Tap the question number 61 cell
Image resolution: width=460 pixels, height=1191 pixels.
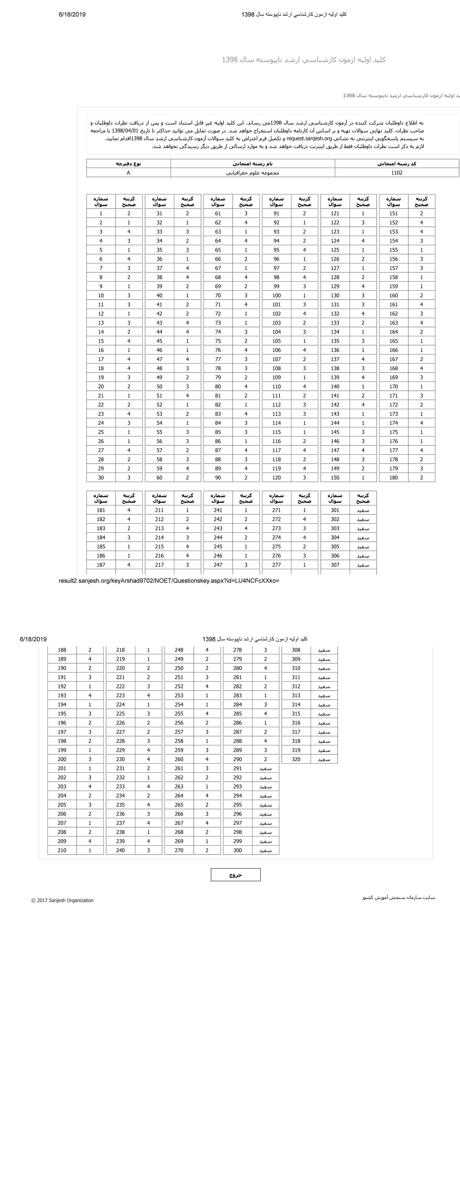click(218, 214)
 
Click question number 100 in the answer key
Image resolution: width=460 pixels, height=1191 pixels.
click(277, 295)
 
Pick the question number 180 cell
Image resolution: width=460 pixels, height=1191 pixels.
click(393, 477)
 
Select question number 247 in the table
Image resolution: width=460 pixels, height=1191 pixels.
click(218, 565)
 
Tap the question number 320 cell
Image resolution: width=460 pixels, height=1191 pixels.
click(296, 759)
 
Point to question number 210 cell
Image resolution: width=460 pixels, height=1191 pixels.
click(62, 850)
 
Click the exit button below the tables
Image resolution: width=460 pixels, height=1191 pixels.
click(235, 875)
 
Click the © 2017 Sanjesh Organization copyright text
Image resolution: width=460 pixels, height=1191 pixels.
click(63, 900)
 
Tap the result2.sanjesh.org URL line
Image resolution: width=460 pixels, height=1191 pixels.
click(169, 581)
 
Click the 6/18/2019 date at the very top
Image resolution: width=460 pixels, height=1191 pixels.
click(72, 14)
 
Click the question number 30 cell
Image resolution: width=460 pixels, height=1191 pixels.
click(101, 477)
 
